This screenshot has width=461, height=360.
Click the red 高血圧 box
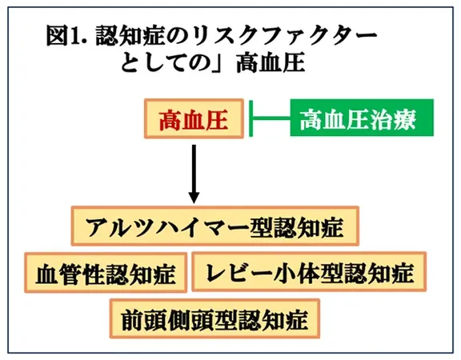point(194,118)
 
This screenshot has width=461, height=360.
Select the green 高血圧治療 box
point(362,118)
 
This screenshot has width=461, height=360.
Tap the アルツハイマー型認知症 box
point(215,226)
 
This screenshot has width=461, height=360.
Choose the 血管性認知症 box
point(106,273)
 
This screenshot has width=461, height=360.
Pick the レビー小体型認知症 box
point(309,271)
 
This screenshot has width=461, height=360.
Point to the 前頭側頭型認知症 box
point(214,318)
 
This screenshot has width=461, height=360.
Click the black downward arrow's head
point(194,198)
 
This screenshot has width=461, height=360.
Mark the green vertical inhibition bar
point(251,118)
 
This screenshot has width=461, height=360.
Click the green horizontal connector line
point(271,118)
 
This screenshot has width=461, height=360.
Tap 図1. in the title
point(68,36)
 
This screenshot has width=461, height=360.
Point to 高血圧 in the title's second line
point(271,62)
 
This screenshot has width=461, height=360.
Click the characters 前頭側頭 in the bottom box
point(167,320)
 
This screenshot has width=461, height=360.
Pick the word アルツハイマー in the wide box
point(166,227)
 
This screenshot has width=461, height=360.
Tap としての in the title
point(165,63)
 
